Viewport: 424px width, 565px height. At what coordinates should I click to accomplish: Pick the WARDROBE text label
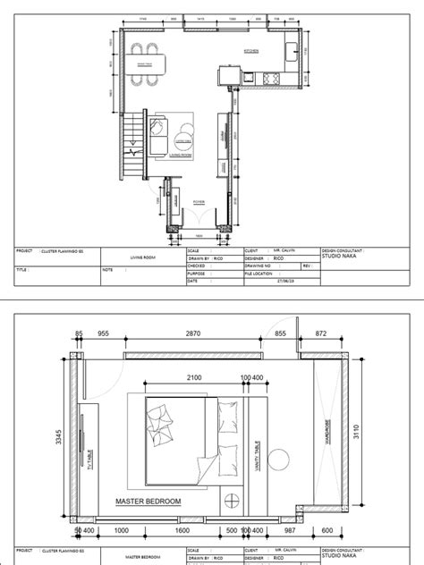[327, 434]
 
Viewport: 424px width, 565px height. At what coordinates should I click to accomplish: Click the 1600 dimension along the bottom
[182, 530]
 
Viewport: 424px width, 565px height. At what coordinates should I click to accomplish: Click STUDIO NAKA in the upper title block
[340, 258]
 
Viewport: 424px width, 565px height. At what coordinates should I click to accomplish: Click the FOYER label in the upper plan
[198, 203]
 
